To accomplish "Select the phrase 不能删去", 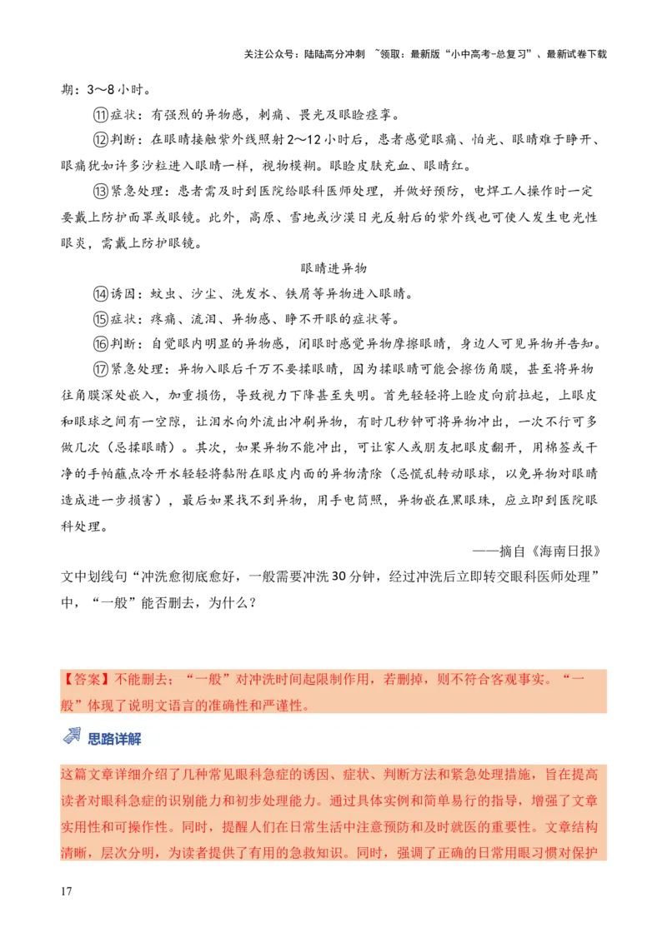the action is click(143, 679).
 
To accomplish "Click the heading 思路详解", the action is click(115, 739).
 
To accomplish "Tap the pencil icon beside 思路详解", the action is click(73, 736).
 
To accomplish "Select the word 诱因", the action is click(316, 775).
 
